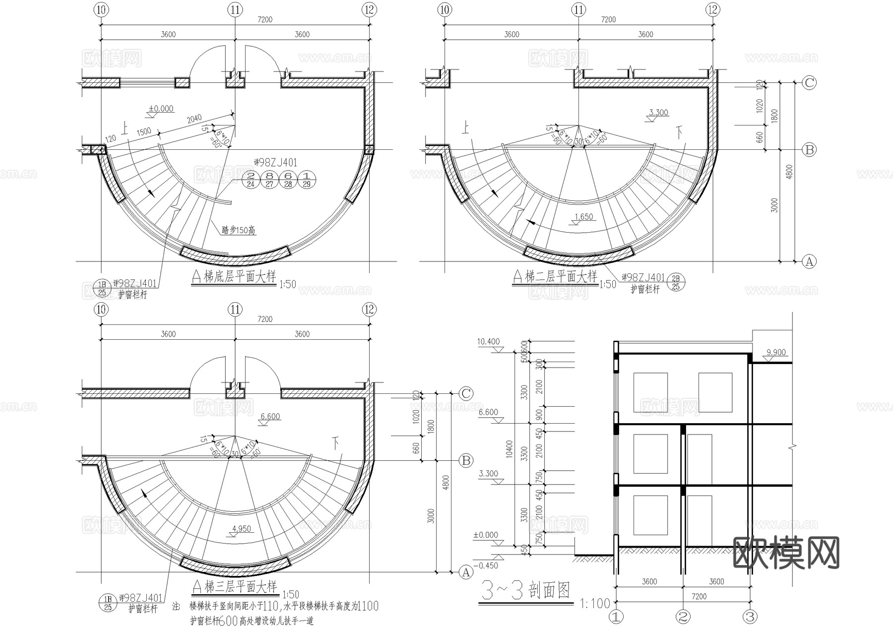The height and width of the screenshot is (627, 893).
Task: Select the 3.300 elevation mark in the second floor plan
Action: click(658, 113)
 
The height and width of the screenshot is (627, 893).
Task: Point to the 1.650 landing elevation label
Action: click(583, 217)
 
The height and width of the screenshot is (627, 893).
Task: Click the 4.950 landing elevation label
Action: click(242, 529)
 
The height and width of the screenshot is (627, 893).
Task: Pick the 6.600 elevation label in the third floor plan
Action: click(270, 417)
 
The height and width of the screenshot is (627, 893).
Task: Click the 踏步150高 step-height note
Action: click(239, 230)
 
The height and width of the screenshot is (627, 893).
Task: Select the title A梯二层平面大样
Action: click(555, 277)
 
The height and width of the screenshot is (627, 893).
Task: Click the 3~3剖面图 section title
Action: click(526, 591)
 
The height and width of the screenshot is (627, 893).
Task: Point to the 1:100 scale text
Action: click(594, 603)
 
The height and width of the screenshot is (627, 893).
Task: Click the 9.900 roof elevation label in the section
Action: click(776, 353)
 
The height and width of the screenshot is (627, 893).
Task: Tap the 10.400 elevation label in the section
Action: click(488, 342)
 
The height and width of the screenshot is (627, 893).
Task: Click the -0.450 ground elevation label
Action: click(486, 565)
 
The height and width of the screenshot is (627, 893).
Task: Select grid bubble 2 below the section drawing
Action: click(683, 617)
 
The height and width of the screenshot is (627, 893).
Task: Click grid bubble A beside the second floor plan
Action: click(809, 261)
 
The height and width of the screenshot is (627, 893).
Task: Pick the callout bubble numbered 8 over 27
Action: click(269, 180)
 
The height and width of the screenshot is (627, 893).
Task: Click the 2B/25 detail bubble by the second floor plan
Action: click(675, 282)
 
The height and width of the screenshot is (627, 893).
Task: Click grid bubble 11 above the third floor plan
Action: click(235, 310)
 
